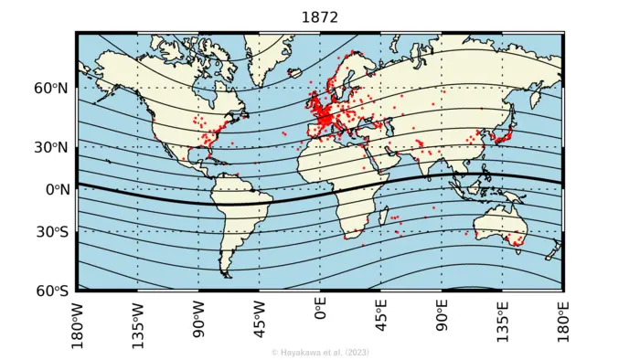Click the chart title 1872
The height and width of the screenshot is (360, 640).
pos(319,16)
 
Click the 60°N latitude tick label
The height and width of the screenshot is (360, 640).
pos(51,89)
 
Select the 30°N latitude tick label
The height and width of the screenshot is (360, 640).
pos(51,147)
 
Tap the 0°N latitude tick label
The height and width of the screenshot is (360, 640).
pos(54,190)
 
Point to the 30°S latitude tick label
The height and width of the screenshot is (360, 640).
pos(51,232)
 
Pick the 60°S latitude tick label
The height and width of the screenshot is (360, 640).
pos(51,291)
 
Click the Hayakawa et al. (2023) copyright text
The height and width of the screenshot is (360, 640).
pos(320,352)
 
